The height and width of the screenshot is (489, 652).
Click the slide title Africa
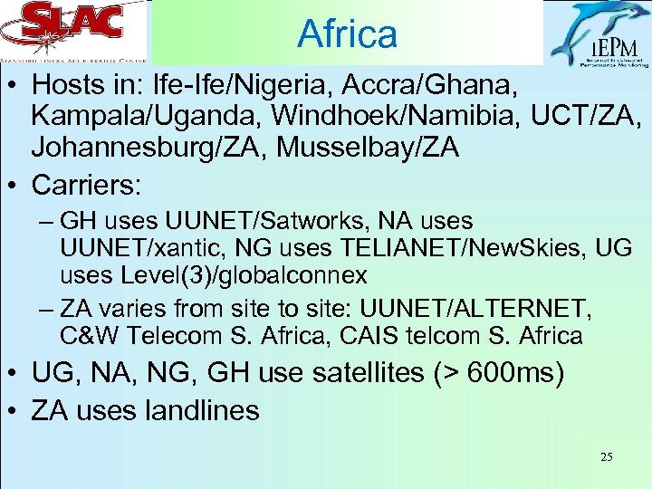[x=347, y=34]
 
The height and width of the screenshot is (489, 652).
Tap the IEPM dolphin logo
[x=597, y=34]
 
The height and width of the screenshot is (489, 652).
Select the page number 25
[x=606, y=457]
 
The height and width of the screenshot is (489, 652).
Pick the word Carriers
[x=86, y=186]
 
